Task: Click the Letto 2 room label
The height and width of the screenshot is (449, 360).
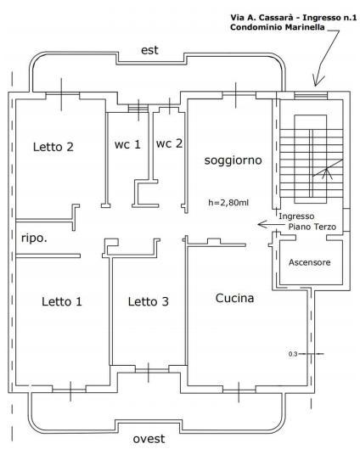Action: click(53, 147)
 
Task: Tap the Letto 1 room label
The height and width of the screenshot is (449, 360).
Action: click(62, 301)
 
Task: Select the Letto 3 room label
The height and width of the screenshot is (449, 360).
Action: click(149, 301)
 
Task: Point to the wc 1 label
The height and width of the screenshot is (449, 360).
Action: click(127, 144)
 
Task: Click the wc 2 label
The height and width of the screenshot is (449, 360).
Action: click(169, 143)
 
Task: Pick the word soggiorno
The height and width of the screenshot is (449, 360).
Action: click(233, 160)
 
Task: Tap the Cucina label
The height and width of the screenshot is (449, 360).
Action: click(234, 298)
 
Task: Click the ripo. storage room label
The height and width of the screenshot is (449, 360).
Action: click(34, 239)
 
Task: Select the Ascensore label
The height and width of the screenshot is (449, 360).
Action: click(310, 262)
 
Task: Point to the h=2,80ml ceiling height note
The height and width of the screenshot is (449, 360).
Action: click(228, 203)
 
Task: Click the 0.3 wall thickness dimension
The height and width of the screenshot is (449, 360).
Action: click(293, 354)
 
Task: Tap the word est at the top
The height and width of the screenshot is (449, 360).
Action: click(149, 50)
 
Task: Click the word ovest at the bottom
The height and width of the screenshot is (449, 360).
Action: click(149, 439)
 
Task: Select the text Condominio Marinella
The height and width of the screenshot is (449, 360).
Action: click(278, 27)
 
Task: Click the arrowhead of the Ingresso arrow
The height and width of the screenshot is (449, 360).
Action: click(260, 224)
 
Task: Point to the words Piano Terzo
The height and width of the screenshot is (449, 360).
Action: click(312, 227)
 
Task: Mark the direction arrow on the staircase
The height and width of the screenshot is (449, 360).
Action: click(328, 167)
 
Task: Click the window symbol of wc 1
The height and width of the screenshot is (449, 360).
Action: click(138, 109)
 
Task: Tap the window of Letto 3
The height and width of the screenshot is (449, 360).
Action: click(149, 371)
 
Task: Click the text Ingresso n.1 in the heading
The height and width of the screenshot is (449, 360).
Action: click(329, 18)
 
